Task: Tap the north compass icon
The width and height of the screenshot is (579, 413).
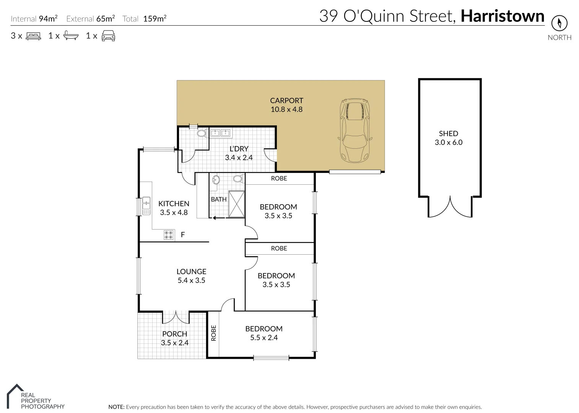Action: pyautogui.click(x=559, y=23)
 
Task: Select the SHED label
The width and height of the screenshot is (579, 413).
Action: pyautogui.click(x=448, y=133)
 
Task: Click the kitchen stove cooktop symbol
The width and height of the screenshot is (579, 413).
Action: pyautogui.click(x=168, y=235)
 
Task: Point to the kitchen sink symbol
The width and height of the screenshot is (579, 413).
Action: pyautogui.click(x=146, y=205)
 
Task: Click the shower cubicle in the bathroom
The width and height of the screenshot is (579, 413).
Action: pyautogui.click(x=236, y=204)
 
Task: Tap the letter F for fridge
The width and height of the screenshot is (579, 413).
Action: pyautogui.click(x=183, y=235)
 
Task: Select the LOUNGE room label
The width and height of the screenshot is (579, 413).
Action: pyautogui.click(x=191, y=272)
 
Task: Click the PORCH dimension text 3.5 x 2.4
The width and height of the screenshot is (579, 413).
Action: pyautogui.click(x=175, y=343)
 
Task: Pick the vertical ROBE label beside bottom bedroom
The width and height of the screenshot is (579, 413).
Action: pyautogui.click(x=213, y=333)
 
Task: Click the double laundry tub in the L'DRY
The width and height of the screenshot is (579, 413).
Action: pyautogui.click(x=220, y=133)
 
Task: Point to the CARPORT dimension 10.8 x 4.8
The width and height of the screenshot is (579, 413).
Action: pyautogui.click(x=286, y=109)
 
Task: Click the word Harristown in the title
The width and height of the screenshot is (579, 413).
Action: pyautogui.click(x=502, y=16)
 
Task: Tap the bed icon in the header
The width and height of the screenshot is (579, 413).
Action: pyautogui.click(x=33, y=36)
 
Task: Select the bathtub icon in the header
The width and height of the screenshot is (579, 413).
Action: pyautogui.click(x=71, y=36)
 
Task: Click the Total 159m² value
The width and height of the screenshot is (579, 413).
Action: pyautogui.click(x=155, y=19)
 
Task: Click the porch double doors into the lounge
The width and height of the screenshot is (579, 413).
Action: pyautogui.click(x=176, y=317)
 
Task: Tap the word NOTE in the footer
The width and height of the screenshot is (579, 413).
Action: pyautogui.click(x=116, y=407)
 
